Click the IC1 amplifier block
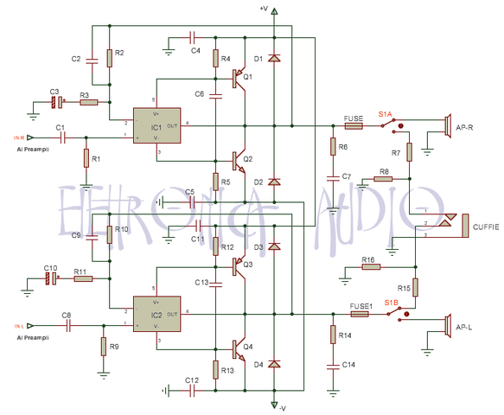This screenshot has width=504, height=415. [x=156, y=126]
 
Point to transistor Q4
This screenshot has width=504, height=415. [x=239, y=348]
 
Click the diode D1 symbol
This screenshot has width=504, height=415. [x=274, y=59]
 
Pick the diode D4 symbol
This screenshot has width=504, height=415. [x=274, y=364]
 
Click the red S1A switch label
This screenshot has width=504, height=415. [x=386, y=113]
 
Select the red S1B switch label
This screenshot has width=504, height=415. [x=392, y=303]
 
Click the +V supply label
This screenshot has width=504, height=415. [x=265, y=9]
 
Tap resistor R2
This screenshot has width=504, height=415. [x=110, y=58]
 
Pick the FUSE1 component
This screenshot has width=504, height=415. [x=360, y=313]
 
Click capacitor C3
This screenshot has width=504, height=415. [x=57, y=102]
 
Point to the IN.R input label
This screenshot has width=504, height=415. [x=18, y=137]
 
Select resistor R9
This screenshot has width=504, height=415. [x=103, y=347]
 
